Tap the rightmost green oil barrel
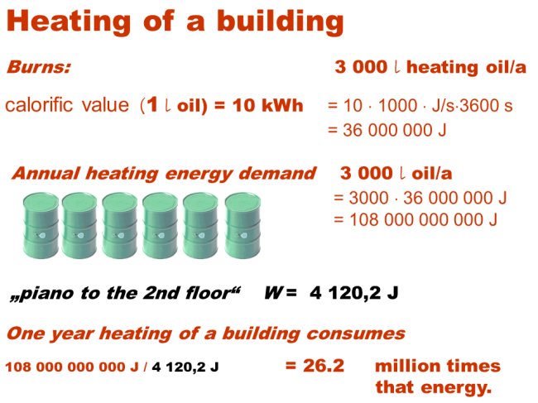[243, 223]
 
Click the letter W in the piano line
[274, 293]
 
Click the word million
[405, 366]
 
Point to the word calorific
[41, 106]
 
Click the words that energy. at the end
[434, 386]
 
